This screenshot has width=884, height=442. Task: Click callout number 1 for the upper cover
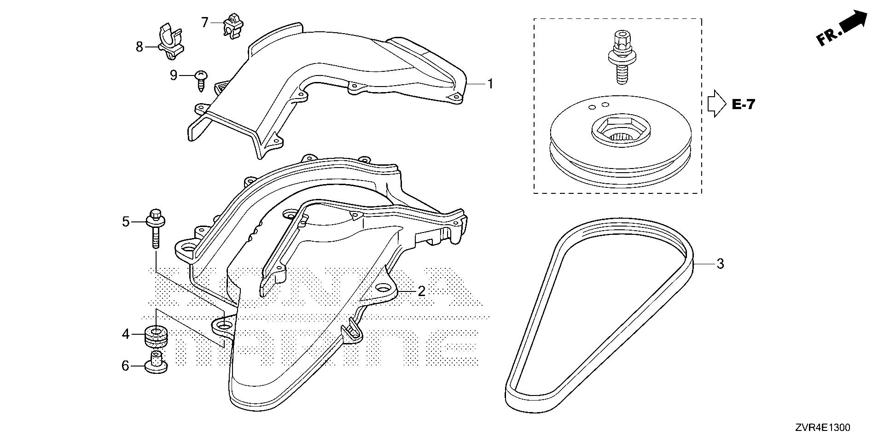[x=490, y=84]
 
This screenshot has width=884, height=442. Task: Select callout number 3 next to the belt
[x=720, y=264]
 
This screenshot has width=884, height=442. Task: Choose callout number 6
[x=125, y=366]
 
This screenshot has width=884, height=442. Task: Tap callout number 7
[x=205, y=22]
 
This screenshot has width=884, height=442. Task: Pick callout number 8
[x=140, y=47]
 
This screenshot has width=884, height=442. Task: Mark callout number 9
[x=174, y=75]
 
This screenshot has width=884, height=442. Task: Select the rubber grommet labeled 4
[x=156, y=337]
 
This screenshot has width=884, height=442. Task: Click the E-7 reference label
[x=743, y=105]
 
